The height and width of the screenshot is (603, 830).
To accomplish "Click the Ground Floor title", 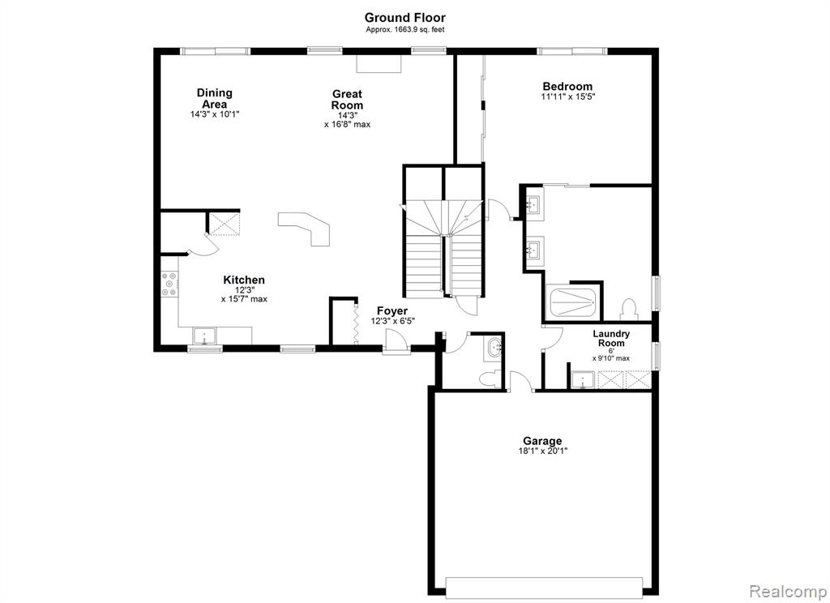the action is pos(405,18).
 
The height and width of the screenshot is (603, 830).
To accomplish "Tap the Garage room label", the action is pos(542,440).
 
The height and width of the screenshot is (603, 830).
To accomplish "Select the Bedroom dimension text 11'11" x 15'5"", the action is pos(568,97).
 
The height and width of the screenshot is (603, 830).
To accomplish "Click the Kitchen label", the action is pos(244,280).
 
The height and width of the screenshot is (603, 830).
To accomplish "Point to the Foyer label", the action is pos(392,310).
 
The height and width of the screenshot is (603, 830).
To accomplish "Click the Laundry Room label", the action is pos(611,338).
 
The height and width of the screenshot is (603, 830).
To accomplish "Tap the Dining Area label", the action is pos(214,98).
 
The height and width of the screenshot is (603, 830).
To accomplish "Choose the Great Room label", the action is pos(347,100).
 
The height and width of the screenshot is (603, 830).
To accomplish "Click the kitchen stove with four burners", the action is pos(170,284).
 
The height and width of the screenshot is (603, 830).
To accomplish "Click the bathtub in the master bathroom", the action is pos(574,302).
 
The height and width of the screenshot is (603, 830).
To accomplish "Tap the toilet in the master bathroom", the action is pos(628,309).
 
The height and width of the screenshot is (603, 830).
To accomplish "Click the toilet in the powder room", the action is pos(487,379).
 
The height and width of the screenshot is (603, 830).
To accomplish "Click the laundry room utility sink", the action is pos(584,380).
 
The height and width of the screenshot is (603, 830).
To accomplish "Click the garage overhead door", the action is pos(544,587).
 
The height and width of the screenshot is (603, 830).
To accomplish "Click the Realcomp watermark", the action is pos(789,591).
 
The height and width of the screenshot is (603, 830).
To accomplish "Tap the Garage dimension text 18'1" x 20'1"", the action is pos(543,451).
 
